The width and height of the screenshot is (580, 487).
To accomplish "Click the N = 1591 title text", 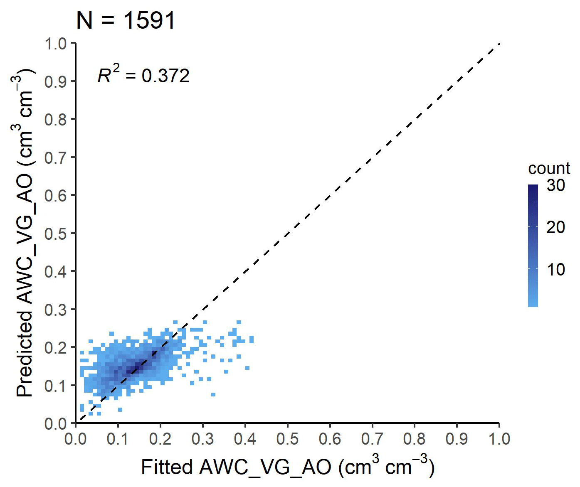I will (x=126, y=20).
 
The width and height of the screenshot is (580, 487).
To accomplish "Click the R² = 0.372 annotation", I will (x=143, y=75).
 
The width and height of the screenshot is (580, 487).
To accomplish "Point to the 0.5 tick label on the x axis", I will (x=287, y=439).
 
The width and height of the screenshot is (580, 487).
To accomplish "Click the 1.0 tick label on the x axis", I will (x=499, y=439).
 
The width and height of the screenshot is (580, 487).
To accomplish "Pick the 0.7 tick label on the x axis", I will (x=372, y=439).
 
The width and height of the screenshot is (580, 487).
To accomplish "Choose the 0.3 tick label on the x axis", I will (x=202, y=439).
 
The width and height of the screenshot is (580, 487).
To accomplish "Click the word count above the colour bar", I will (x=549, y=168).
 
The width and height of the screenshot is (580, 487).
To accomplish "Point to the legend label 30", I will (x=556, y=185).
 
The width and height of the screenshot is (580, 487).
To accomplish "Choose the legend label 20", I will (x=556, y=227).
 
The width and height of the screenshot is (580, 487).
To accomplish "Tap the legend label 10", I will (x=556, y=270).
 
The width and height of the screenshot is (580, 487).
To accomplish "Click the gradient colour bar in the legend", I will (x=533, y=246).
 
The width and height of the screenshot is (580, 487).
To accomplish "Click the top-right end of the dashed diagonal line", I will (x=498, y=44).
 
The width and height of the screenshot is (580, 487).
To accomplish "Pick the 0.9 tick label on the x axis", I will (x=457, y=439).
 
